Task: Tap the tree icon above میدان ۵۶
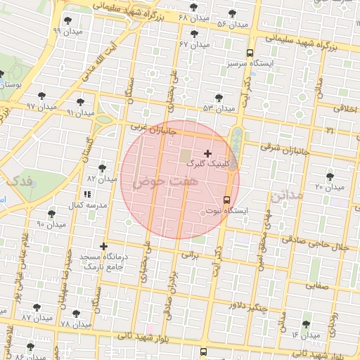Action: tap(233, 13)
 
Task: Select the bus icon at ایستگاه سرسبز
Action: tap(250, 53)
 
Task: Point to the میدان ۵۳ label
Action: tap(218, 108)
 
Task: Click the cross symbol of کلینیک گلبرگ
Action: tap(207, 153)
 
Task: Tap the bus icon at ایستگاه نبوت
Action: tap(226, 199)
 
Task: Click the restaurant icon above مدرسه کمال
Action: tap(87, 194)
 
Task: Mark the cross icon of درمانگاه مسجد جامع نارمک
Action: tap(104, 246)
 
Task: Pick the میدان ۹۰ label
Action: tap(51, 224)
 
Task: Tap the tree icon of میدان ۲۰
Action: tap(330, 176)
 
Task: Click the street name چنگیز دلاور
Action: tap(250, 305)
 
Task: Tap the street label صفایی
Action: tap(316, 286)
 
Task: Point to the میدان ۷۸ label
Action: tap(76, 324)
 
